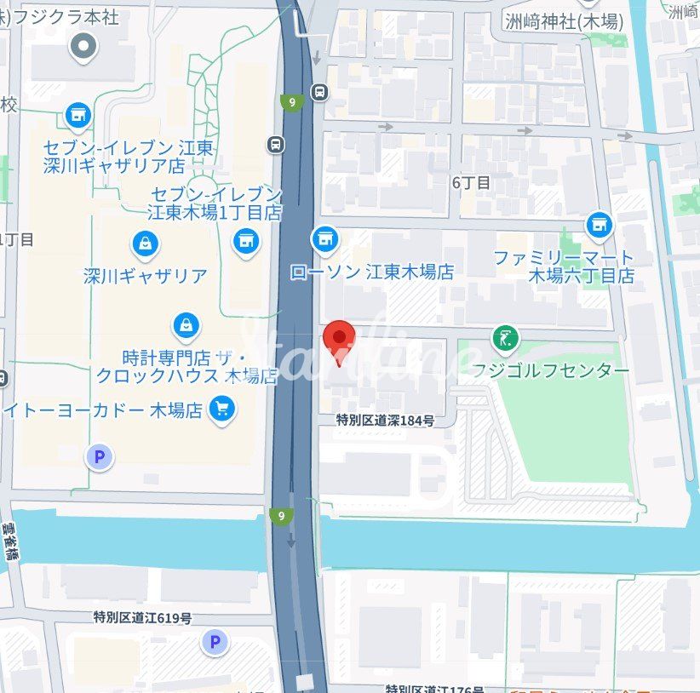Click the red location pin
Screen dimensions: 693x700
[x=341, y=339]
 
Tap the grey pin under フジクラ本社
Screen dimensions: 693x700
[x=83, y=47]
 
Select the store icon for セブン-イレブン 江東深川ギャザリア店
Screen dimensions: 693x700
[x=77, y=114]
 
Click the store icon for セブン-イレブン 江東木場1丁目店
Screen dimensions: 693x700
[x=247, y=240]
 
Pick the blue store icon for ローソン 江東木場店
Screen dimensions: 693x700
[x=324, y=240]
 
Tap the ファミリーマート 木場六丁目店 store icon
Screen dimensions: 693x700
[x=600, y=226]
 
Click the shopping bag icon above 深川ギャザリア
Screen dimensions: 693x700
[x=146, y=245]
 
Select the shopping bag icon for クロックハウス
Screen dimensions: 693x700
[x=186, y=324]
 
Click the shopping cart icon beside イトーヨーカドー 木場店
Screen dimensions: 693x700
[x=223, y=409]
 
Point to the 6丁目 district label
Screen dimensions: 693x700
[x=472, y=182]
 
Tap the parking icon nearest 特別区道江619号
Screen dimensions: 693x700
[x=215, y=642]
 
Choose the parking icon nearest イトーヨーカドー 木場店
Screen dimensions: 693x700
[x=100, y=458]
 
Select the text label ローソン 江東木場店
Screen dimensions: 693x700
[x=371, y=272]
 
